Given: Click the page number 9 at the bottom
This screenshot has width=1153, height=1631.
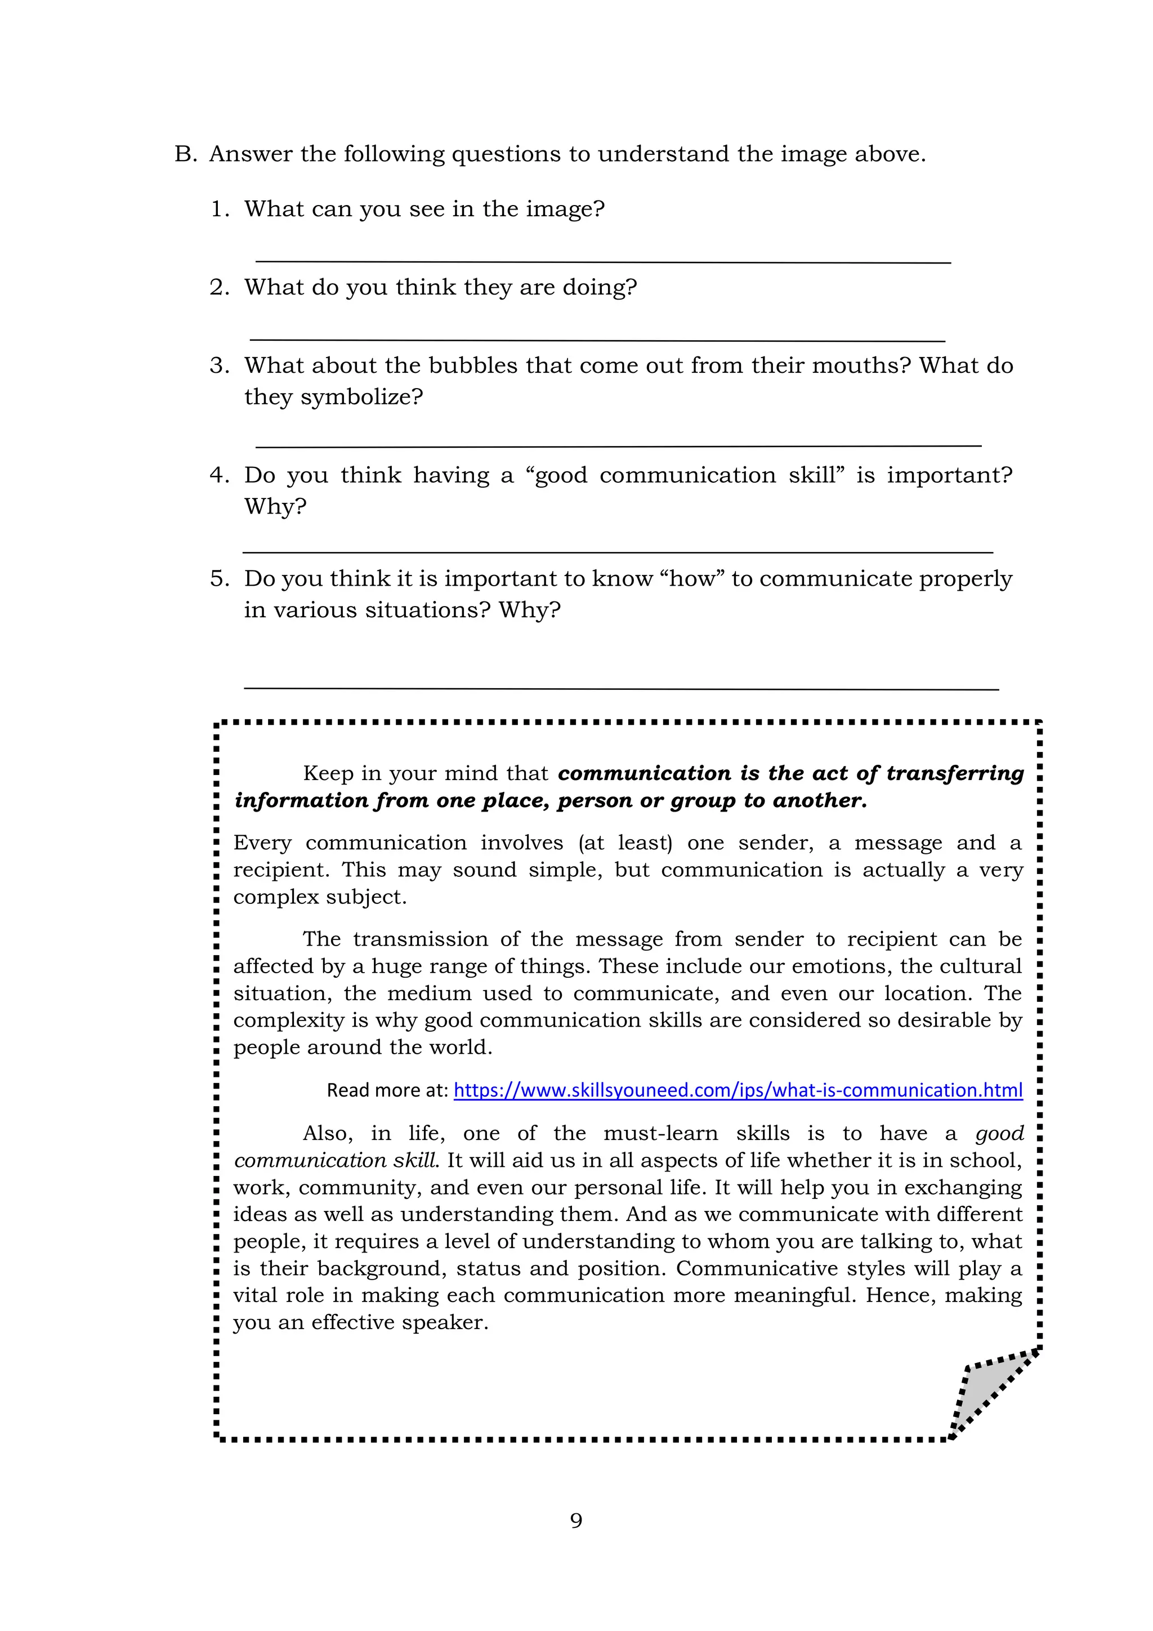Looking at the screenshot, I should point(576,1521).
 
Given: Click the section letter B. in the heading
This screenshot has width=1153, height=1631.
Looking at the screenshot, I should point(185,154).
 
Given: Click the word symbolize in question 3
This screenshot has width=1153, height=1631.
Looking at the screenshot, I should point(362,396).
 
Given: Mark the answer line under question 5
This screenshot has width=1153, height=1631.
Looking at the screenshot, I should point(620,688).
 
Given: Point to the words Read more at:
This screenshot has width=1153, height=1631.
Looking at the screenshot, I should point(387,1090).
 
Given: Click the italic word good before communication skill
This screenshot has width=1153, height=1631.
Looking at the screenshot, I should point(999,1134).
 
